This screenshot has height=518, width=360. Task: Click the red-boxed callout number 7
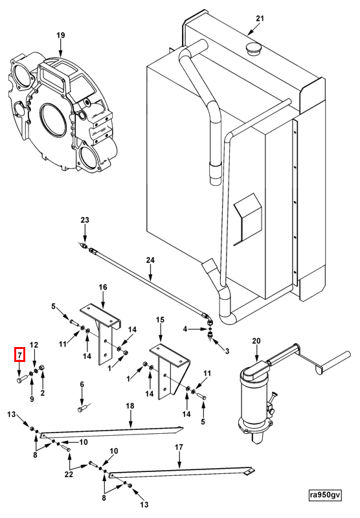[x=19, y=355]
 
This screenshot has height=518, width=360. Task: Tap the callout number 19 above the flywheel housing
[x=61, y=36]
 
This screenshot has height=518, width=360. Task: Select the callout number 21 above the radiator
[x=260, y=18]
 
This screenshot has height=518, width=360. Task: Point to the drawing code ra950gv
[x=325, y=495]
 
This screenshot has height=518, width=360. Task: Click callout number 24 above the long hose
[x=150, y=260]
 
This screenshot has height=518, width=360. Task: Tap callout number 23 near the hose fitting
[x=85, y=220]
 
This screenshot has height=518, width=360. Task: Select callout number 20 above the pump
[x=256, y=341]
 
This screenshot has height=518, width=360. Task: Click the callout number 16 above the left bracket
[x=103, y=287]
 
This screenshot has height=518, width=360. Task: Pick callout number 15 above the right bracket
[x=160, y=320]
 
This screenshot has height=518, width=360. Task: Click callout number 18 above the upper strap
[x=130, y=406]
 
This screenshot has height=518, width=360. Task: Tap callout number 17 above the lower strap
[x=179, y=447]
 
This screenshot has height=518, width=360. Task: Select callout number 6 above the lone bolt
[x=82, y=384]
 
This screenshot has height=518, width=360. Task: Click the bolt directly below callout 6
[x=83, y=409]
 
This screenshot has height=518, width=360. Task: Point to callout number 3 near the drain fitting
[x=227, y=352]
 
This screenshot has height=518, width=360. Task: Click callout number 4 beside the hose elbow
[x=185, y=329]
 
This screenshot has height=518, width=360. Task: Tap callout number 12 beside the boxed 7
[x=34, y=345]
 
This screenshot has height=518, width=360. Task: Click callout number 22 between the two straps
[x=69, y=475]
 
